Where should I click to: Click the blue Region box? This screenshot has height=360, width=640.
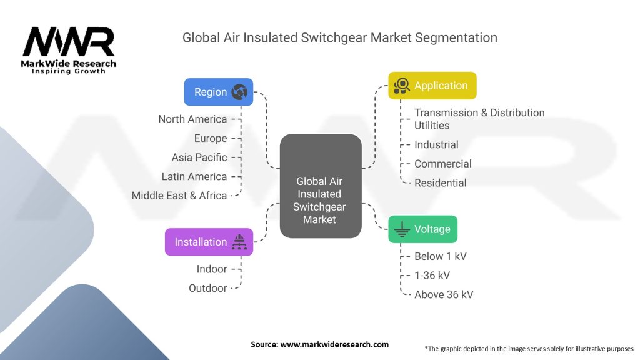click(218, 92)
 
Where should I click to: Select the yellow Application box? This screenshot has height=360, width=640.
click(432, 86)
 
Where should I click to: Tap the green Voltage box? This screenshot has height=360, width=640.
click(422, 229)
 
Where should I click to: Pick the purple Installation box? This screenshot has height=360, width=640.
click(209, 242)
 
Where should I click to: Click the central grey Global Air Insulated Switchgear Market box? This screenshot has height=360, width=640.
click(320, 186)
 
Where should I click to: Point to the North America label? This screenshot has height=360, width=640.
click(192, 119)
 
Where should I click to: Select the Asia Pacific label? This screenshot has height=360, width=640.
click(199, 157)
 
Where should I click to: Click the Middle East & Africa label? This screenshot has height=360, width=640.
click(179, 196)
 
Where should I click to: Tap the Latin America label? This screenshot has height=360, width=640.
click(194, 176)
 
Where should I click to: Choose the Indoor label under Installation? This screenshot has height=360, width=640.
click(212, 269)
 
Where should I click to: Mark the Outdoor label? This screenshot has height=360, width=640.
click(208, 288)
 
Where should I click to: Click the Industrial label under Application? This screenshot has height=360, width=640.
click(436, 144)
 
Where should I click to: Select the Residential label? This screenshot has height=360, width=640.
click(440, 182)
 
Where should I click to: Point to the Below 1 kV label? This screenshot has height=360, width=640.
click(440, 256)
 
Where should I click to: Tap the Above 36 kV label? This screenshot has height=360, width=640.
click(444, 294)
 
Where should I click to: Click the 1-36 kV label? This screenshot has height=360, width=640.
click(432, 275)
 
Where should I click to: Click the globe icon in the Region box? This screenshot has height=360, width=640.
click(239, 92)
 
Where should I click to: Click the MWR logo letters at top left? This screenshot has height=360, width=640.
click(69, 42)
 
